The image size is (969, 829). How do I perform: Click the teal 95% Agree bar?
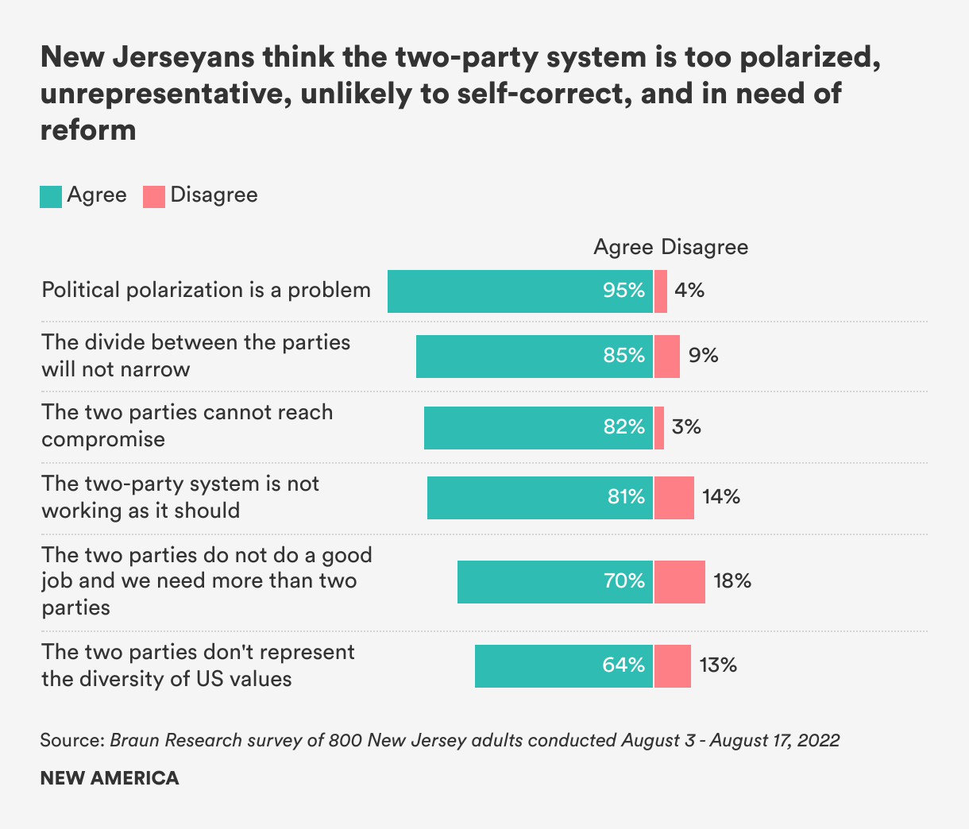pos(520,291)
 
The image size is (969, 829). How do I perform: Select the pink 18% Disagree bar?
pos(680,581)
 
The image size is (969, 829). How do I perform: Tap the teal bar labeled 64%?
pos(564,665)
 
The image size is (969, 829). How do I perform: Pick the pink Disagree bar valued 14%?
pos(674,498)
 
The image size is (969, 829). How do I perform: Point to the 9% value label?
pos(703,356)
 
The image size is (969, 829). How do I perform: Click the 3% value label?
pos(686,427)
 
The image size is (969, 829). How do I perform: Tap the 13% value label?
pos(718,665)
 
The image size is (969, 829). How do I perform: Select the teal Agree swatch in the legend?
pos(51,196)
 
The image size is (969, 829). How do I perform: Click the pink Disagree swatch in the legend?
pos(154,196)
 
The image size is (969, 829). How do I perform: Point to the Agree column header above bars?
pos(623,247)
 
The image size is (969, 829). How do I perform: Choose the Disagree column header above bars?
pos(705,247)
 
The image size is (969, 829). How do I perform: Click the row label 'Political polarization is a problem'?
pos(206,290)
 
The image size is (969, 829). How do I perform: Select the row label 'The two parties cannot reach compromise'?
pos(187,426)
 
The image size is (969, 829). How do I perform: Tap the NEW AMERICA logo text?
pos(110,778)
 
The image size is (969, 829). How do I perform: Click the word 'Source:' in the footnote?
pos(72,740)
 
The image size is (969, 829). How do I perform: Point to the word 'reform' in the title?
pos(88,129)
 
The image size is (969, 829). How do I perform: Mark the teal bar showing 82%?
pos(539,427)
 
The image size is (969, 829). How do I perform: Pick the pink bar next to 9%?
pos(667,356)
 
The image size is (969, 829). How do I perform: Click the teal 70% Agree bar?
pos(555,581)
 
